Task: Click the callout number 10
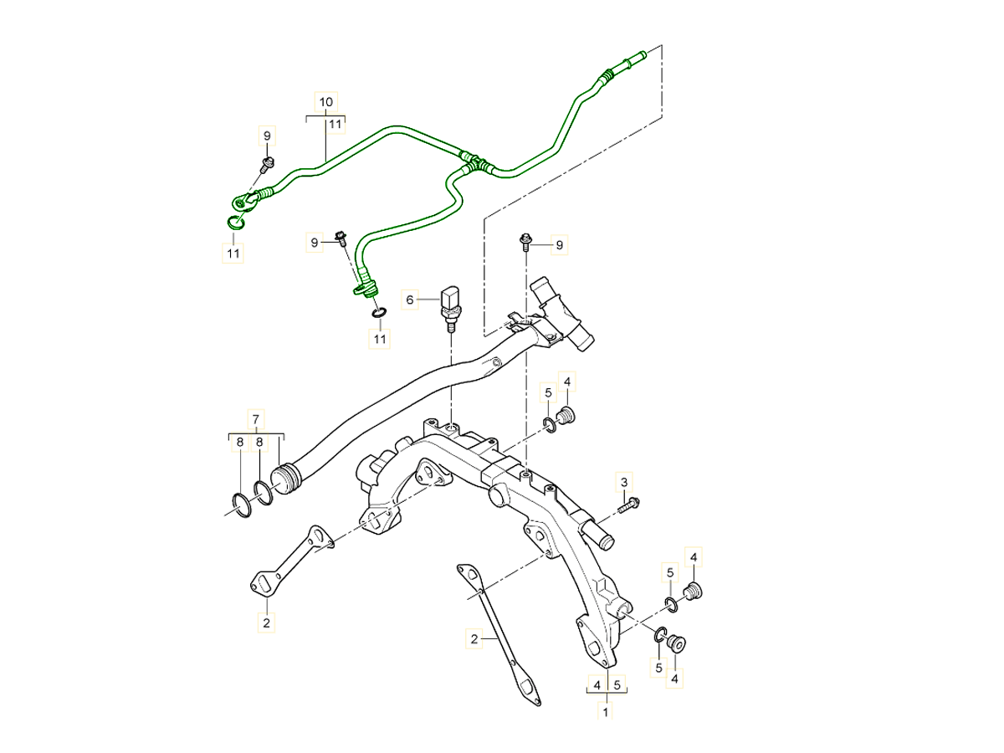coord(326,101)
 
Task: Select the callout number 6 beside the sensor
coord(410,300)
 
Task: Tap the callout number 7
coord(257,417)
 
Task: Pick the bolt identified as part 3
coord(629,504)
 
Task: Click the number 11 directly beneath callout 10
coord(335,125)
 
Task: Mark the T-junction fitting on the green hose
coord(474,161)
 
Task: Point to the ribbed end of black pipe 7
coord(288,479)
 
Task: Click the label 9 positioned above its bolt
coord(267,136)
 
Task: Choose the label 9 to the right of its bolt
coord(561,244)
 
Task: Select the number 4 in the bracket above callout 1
coord(597,685)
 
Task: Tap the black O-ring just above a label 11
coord(379,313)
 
